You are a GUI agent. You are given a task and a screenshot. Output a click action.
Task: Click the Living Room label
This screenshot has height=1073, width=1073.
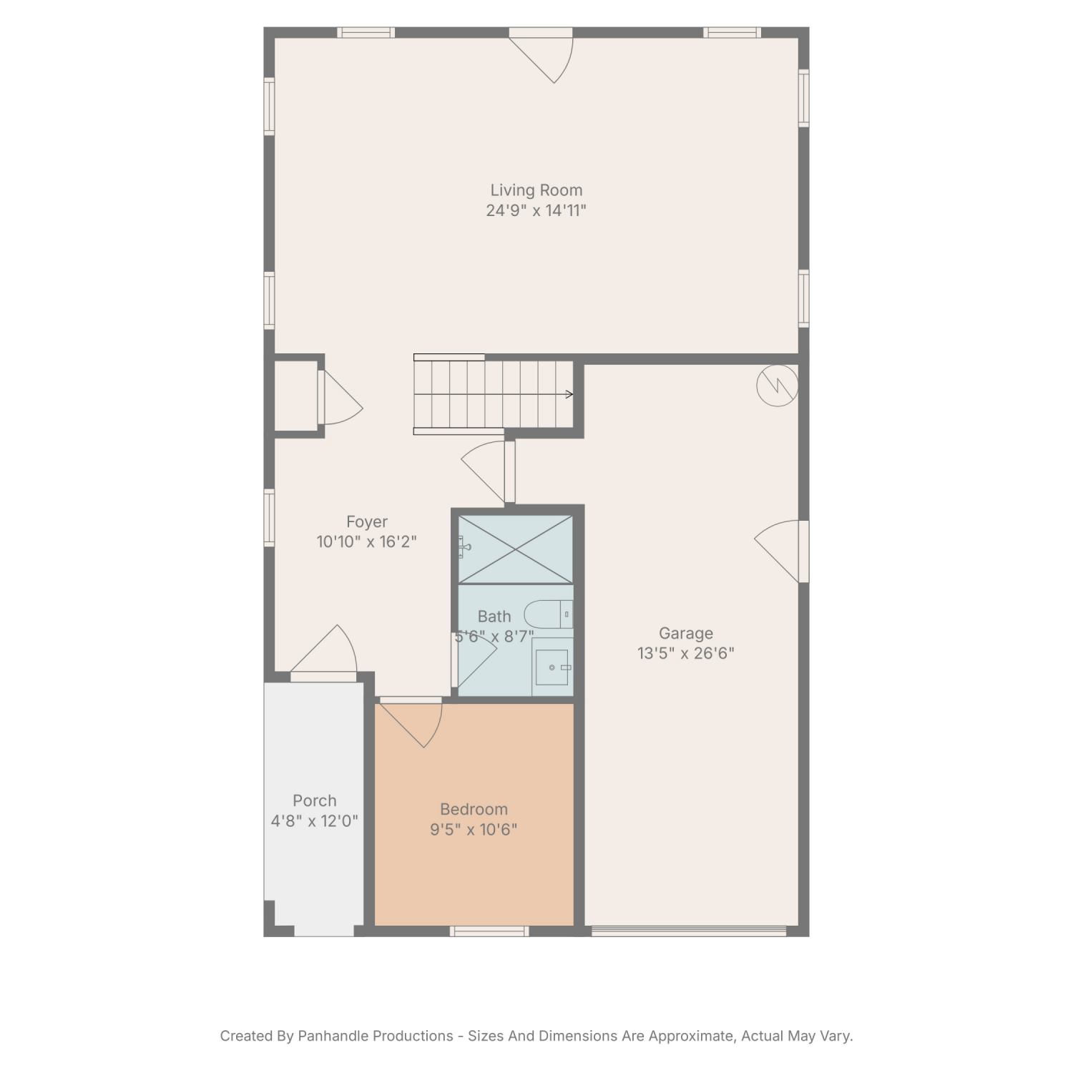tap(536, 190)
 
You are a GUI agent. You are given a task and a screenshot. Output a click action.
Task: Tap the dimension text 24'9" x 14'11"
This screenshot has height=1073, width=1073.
tap(536, 210)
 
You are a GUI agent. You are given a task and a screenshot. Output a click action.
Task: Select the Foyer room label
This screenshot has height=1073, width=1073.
tap(367, 522)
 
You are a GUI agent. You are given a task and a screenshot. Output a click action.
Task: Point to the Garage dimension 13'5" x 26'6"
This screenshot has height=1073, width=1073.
tap(686, 653)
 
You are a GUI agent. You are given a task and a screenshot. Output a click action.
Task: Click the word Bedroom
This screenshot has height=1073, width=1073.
tap(474, 809)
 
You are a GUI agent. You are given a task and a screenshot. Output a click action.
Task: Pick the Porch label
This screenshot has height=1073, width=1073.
tap(314, 800)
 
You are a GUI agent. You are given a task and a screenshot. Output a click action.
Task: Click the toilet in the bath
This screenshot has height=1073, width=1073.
tap(549, 614)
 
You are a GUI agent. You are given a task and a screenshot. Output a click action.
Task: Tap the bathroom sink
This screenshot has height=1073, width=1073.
tap(552, 667)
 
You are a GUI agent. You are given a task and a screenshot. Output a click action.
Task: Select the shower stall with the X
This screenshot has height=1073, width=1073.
tap(515, 549)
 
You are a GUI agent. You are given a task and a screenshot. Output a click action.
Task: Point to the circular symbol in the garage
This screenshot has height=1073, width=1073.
tap(778, 386)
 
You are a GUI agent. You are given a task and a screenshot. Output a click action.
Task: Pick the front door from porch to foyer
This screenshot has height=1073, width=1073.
tap(323, 652)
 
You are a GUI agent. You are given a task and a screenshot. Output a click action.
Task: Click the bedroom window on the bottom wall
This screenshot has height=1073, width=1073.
tap(489, 931)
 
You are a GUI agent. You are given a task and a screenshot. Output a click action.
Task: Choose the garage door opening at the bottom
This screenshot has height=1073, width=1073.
tap(689, 931)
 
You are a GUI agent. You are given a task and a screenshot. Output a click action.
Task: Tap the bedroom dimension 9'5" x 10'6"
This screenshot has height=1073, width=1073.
tap(474, 830)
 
